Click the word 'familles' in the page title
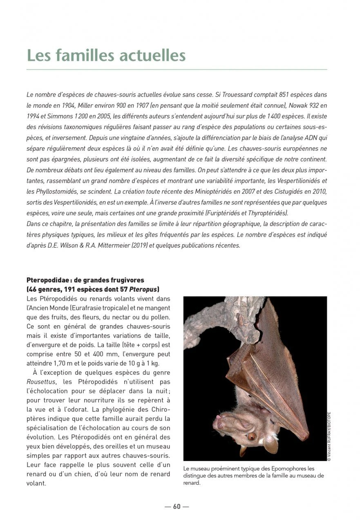[x=87, y=55]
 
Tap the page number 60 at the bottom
[x=177, y=507]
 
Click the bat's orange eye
[x=252, y=436]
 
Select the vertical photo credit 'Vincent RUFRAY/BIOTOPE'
[x=329, y=436]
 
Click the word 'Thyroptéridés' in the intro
[x=269, y=213]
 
